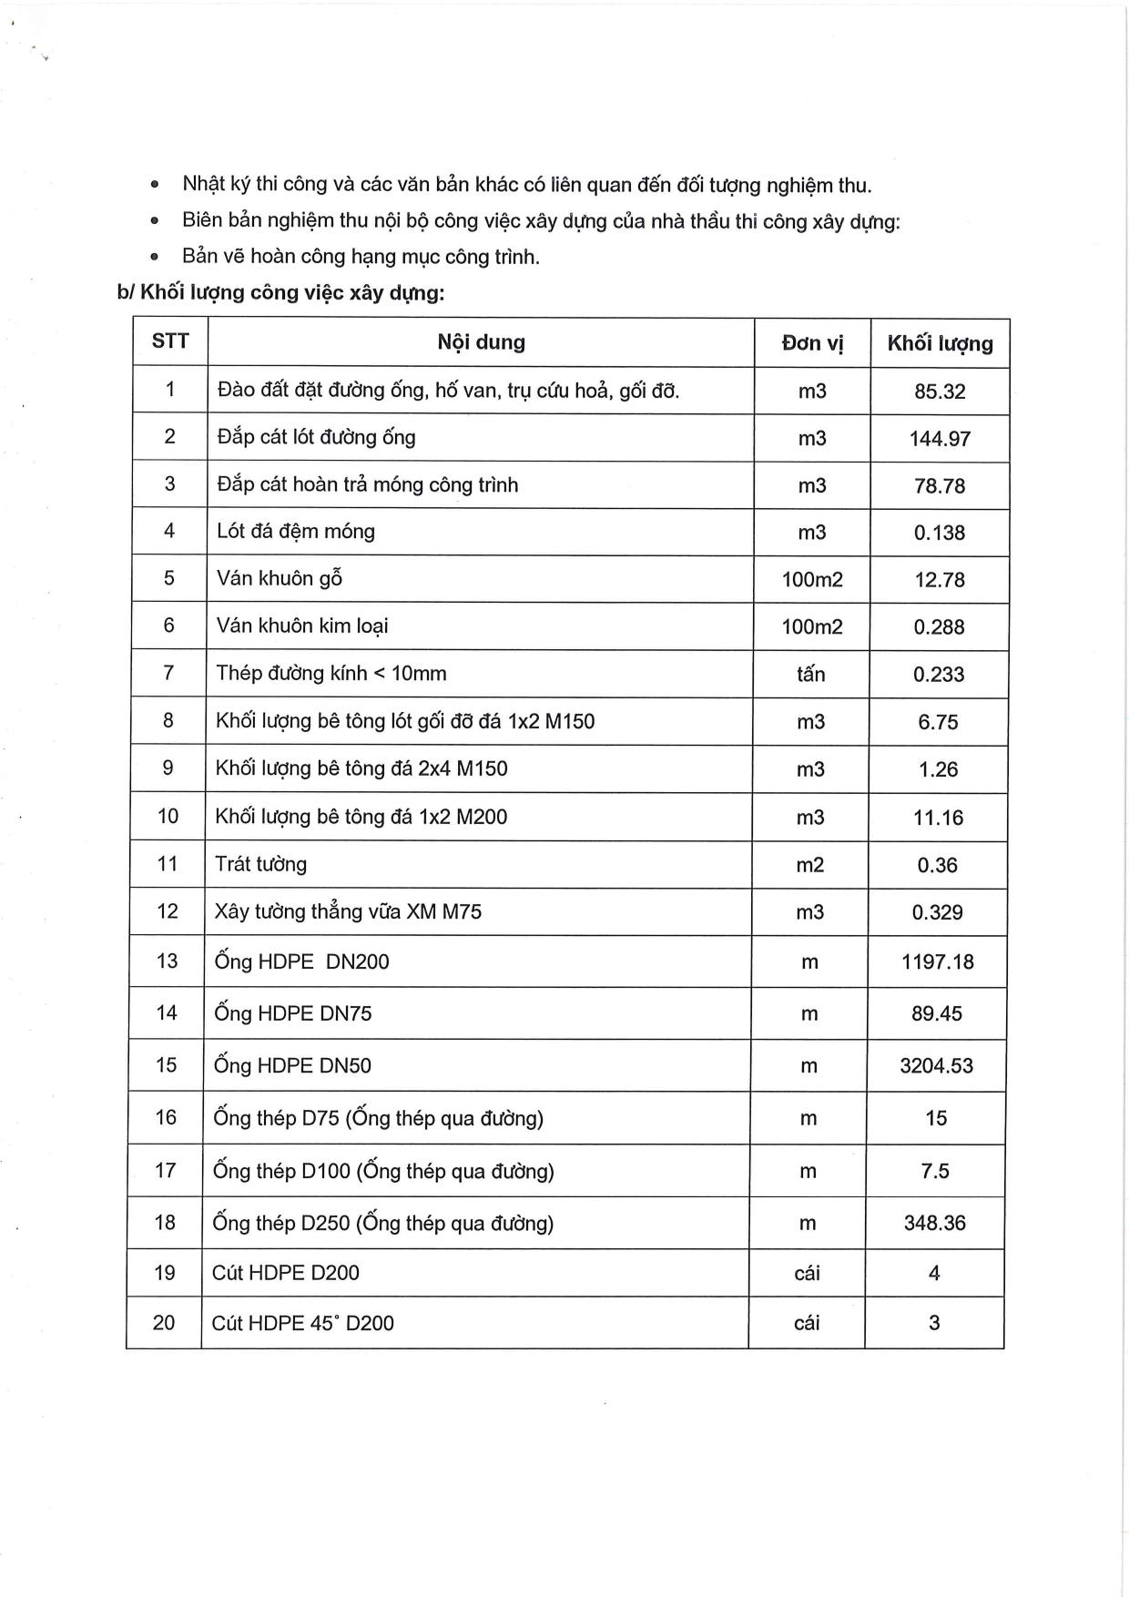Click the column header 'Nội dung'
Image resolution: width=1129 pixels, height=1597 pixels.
481,342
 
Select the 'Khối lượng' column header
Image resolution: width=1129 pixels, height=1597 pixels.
940,343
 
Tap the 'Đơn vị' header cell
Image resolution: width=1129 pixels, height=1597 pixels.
812,343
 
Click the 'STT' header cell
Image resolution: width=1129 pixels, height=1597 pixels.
170,341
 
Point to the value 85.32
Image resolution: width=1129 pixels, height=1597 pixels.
940,392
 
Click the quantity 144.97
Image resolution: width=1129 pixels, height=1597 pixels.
940,439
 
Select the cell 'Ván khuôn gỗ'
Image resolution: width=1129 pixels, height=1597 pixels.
280,579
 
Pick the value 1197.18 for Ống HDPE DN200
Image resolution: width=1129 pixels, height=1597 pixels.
937,962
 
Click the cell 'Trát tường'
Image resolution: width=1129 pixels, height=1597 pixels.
260,864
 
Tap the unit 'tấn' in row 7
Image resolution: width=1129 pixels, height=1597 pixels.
810,675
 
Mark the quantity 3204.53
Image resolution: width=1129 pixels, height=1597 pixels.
936,1066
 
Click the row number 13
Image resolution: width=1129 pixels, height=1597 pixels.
167,961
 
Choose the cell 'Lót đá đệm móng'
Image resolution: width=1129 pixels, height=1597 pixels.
296,532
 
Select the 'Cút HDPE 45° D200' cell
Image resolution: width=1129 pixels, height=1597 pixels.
302,1323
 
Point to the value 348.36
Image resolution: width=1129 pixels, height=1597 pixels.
935,1223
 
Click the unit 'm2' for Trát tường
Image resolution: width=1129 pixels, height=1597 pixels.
809,865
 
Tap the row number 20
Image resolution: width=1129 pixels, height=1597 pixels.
164,1322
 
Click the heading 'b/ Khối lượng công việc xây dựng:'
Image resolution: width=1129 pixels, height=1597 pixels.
281,293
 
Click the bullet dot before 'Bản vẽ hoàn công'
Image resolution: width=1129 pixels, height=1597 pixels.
155,258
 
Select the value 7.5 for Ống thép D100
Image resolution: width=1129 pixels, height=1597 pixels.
935,1171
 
